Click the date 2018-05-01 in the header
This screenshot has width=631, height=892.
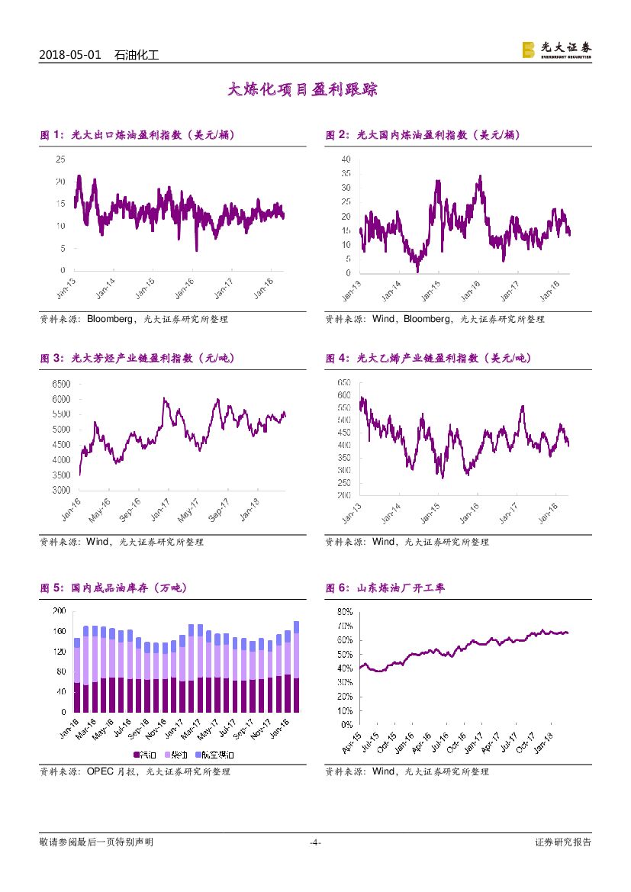click(x=69, y=55)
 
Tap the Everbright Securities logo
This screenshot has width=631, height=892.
click(x=556, y=50)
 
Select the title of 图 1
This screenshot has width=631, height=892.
click(x=137, y=135)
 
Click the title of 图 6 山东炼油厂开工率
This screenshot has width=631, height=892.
click(x=385, y=588)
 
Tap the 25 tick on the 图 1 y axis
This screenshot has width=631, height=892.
click(x=61, y=159)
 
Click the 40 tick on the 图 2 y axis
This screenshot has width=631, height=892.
click(x=346, y=159)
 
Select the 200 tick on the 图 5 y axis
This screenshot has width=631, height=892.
click(x=58, y=611)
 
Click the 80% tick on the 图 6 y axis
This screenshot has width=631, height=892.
click(x=343, y=612)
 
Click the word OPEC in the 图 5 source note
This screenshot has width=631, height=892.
click(x=101, y=771)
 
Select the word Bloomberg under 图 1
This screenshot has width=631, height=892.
click(x=112, y=319)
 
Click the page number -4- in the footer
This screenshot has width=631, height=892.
click(x=315, y=842)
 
